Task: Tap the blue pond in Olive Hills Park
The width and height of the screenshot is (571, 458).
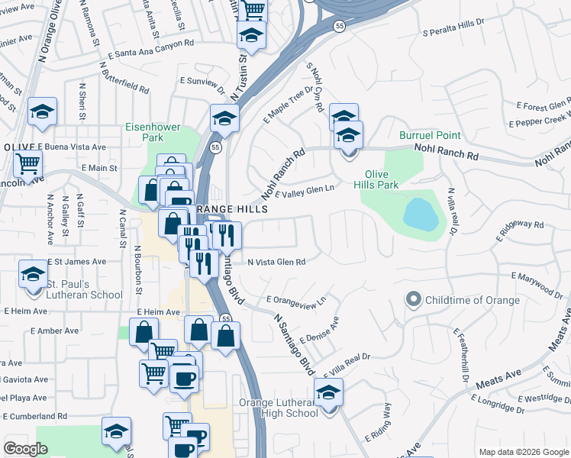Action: [421, 216]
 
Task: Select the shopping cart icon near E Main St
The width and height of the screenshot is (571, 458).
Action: [27, 163]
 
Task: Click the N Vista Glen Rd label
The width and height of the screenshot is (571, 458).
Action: [277, 262]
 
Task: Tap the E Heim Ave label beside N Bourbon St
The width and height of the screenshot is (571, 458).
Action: [159, 312]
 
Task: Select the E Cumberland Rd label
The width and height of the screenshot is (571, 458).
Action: [36, 416]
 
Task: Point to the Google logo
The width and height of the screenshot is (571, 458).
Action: [26, 449]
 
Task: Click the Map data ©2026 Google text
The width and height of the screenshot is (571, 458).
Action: [522, 452]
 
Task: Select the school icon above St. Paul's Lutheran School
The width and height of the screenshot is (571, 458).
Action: [34, 274]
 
